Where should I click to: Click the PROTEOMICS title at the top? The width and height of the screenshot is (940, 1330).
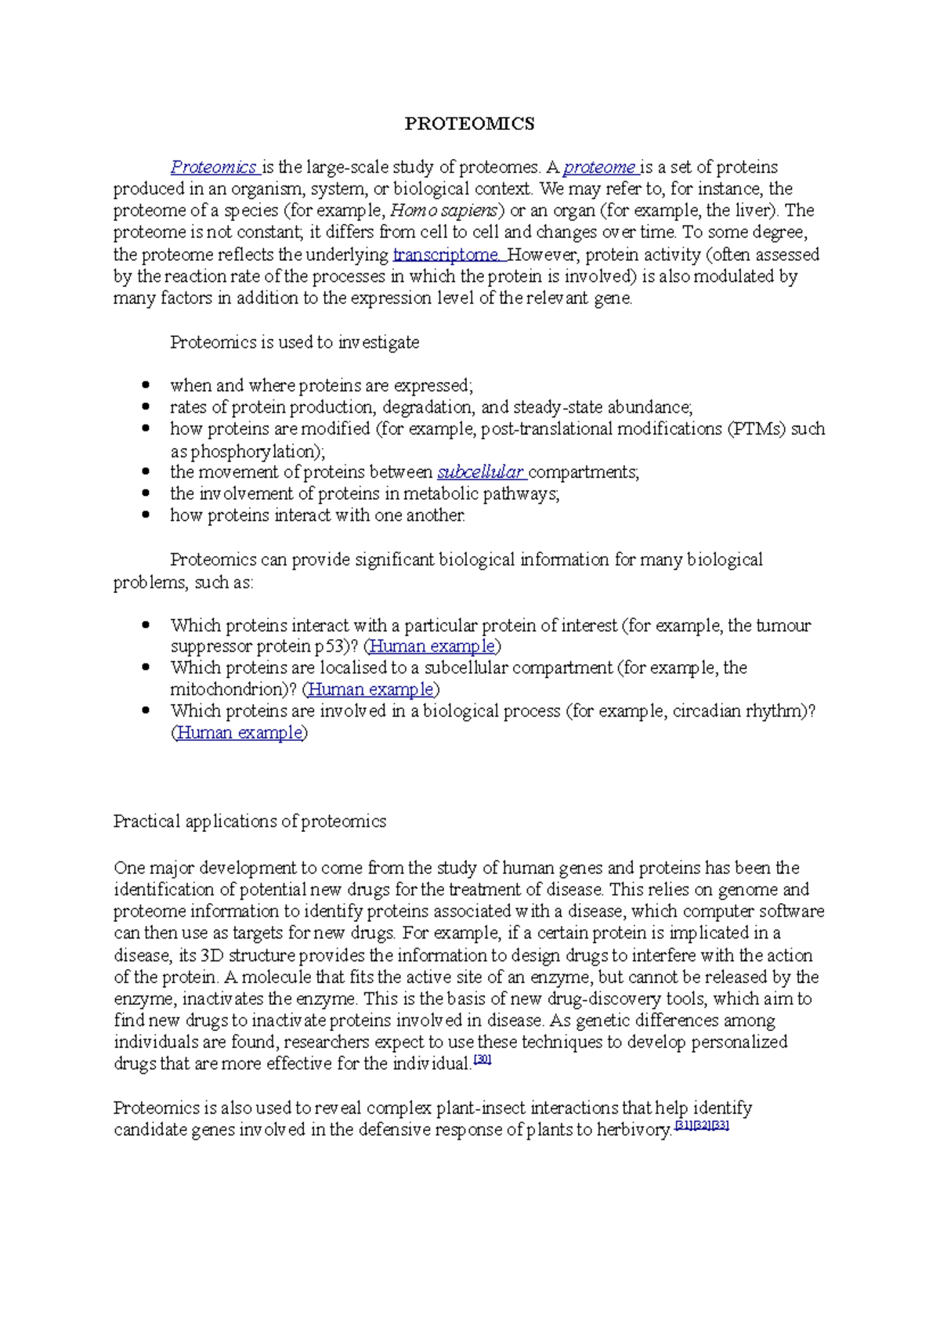(x=469, y=123)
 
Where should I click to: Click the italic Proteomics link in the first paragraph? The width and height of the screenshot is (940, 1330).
(x=214, y=167)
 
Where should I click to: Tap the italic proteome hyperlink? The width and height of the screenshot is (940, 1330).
(x=600, y=167)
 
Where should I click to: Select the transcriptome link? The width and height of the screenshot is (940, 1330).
(x=446, y=255)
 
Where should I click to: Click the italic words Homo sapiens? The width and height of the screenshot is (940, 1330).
(x=443, y=211)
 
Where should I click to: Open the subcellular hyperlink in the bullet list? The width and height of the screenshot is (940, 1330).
(x=480, y=472)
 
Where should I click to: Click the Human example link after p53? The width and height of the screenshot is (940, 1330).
(x=432, y=646)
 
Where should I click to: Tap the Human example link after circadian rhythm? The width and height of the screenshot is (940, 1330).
(x=240, y=733)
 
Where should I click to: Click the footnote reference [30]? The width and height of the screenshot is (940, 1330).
(x=483, y=1060)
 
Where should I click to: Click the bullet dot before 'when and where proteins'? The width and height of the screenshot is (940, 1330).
(x=144, y=385)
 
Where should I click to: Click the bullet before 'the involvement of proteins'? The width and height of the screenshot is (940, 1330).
(x=144, y=494)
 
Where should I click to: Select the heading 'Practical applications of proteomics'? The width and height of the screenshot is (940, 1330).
(x=250, y=822)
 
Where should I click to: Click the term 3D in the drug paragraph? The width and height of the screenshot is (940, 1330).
(x=212, y=956)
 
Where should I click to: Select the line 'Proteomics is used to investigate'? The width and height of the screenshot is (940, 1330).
(x=295, y=342)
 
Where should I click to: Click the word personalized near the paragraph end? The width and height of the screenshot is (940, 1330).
(x=739, y=1043)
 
